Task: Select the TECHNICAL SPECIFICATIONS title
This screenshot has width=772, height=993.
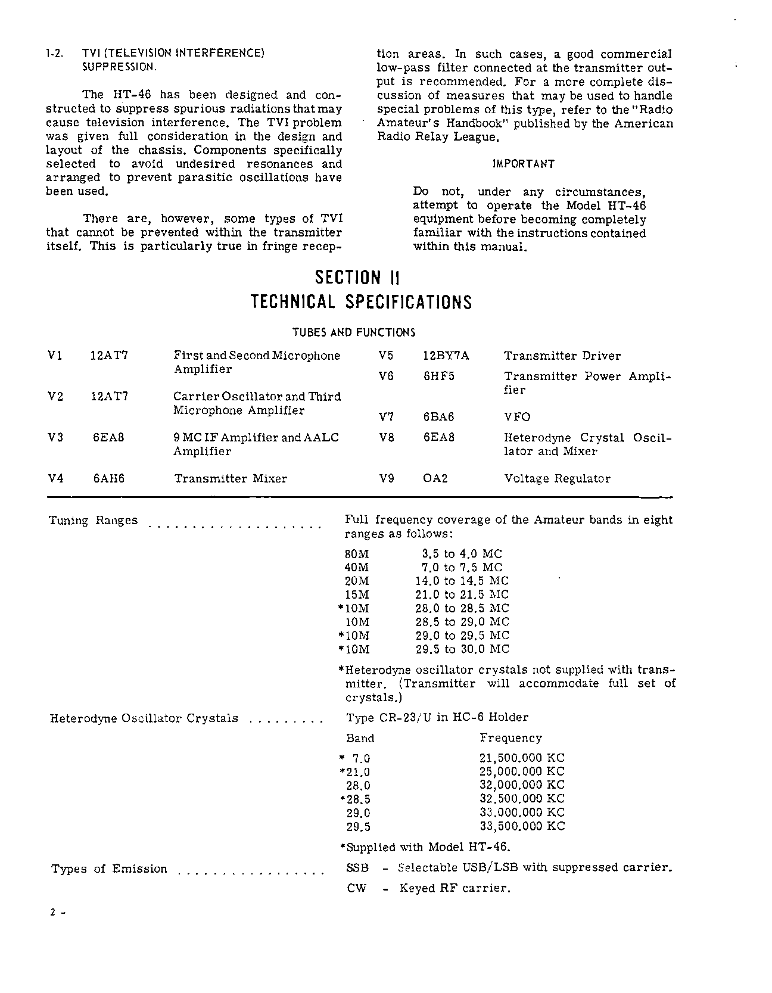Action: (x=361, y=302)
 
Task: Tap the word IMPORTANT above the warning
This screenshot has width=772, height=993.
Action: (x=524, y=164)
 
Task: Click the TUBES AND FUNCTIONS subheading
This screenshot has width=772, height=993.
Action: (x=354, y=332)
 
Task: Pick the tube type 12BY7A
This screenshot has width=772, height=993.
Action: (x=446, y=356)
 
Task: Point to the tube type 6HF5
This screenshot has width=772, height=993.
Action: (x=438, y=376)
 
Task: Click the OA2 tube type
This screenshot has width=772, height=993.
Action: (x=435, y=478)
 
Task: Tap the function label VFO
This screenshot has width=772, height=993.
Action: (x=517, y=417)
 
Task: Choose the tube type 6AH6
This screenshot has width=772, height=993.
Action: (x=108, y=478)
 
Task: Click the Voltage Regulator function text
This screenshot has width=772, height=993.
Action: (x=557, y=478)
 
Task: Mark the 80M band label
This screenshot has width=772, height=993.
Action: (x=357, y=553)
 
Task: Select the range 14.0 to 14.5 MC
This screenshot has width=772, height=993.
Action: (x=462, y=581)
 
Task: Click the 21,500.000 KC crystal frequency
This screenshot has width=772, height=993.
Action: (x=522, y=758)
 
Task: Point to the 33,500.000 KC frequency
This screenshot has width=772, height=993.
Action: (x=522, y=826)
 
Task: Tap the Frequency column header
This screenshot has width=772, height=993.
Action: (x=510, y=738)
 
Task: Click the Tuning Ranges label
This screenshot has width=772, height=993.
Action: (x=93, y=521)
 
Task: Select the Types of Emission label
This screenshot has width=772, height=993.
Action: (x=110, y=869)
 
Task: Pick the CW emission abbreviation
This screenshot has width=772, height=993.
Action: (x=356, y=888)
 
